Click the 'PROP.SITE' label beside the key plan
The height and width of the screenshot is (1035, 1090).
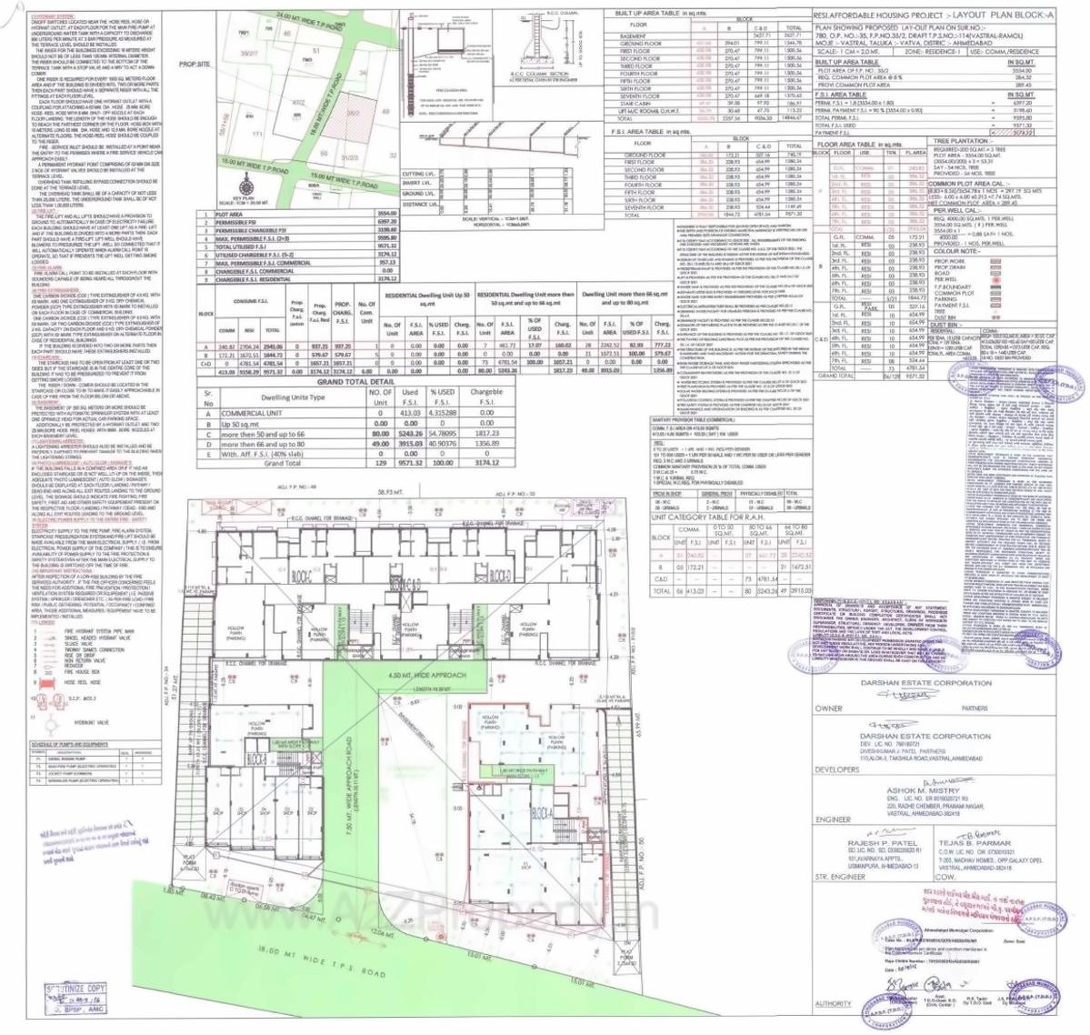[x=195, y=65]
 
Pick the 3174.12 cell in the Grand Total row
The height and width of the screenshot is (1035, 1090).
[x=487, y=463]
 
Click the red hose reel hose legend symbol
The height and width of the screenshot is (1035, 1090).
[x=41, y=680]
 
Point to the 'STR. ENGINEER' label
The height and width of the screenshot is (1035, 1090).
[x=837, y=877]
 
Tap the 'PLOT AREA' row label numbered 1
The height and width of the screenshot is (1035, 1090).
[x=229, y=215]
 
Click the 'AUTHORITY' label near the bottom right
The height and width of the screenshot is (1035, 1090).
[x=833, y=1003]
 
